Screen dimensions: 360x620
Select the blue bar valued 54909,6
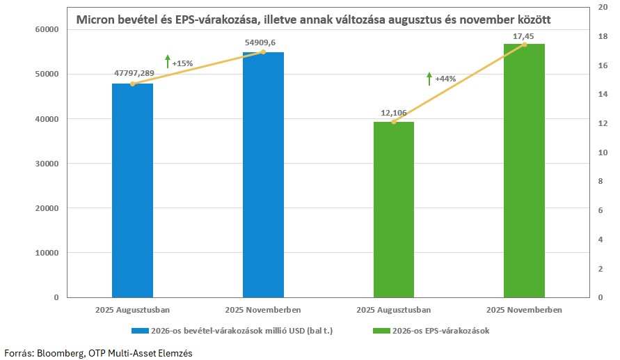tap(263, 174)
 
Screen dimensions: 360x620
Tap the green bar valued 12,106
tap(393, 209)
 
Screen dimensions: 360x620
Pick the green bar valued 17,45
tap(524, 171)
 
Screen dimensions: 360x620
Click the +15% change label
tap(182, 63)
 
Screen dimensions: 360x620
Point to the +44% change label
tap(445, 79)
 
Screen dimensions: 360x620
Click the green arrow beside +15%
tap(167, 61)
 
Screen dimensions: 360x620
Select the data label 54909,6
tap(263, 42)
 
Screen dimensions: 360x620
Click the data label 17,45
tap(524, 34)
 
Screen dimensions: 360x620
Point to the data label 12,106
tap(393, 112)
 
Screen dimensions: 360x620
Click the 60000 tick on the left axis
tap(47, 29)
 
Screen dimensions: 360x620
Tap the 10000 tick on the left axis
tap(47, 253)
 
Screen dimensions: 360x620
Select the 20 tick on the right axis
tap(603, 8)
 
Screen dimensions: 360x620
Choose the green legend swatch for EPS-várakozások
tap(380, 331)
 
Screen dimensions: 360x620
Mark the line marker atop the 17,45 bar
tap(524, 45)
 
